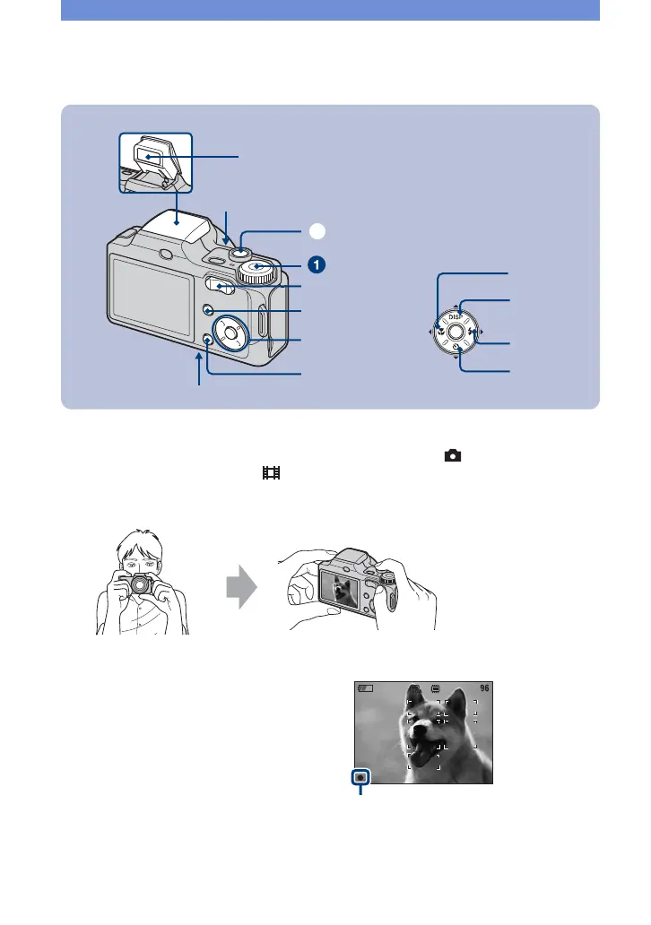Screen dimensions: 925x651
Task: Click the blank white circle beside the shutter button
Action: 315,230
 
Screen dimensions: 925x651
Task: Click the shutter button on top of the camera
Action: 240,254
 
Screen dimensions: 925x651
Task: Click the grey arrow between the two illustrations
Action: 241,590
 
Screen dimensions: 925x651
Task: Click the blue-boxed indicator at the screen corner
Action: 360,775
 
